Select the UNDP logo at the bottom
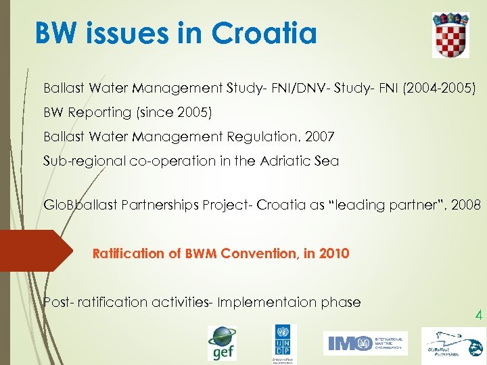coord(284,344)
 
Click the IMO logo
coord(365,343)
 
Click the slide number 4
coord(478,315)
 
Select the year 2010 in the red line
coord(335,254)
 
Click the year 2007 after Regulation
coord(319,137)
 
